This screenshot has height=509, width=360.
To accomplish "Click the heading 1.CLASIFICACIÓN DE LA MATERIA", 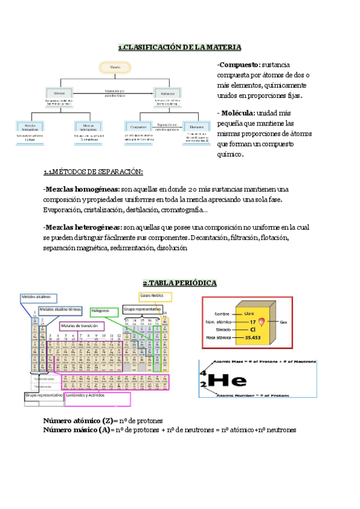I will pyautogui.click(x=180, y=47).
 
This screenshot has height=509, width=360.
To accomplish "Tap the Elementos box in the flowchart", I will pyautogui.click(x=196, y=127).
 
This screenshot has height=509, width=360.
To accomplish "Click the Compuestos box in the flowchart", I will pyautogui.click(x=138, y=127).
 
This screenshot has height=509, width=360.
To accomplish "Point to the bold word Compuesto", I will pyautogui.click(x=239, y=65).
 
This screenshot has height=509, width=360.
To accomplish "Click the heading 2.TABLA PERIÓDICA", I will pyautogui.click(x=180, y=283).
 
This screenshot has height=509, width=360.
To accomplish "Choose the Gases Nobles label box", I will pyautogui.click(x=155, y=297).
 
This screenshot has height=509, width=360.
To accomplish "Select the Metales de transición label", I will pyautogui.click(x=79, y=326).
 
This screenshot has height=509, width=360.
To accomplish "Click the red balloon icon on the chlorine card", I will pyautogui.click(x=269, y=321).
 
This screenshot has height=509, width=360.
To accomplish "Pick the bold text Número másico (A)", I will pyautogui.click(x=77, y=430).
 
